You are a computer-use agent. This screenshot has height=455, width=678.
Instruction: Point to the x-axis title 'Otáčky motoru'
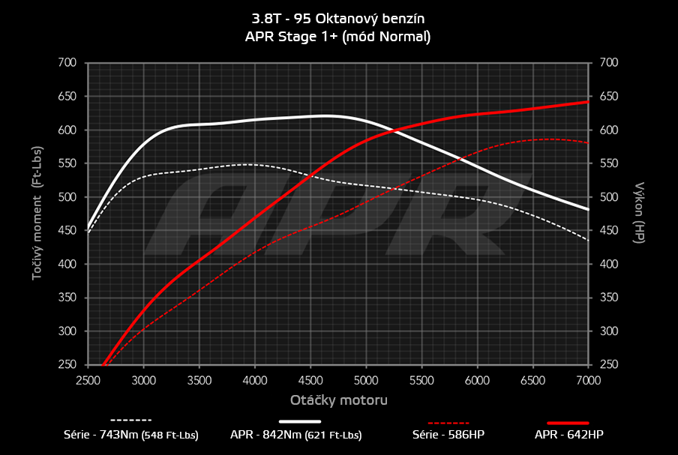pyautogui.click(x=338, y=400)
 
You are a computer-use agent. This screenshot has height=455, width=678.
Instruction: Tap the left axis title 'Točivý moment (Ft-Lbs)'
pyautogui.click(x=36, y=213)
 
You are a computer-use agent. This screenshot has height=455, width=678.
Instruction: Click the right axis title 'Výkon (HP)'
pyautogui.click(x=639, y=213)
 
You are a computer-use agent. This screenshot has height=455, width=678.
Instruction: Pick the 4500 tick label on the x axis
pyautogui.click(x=310, y=380)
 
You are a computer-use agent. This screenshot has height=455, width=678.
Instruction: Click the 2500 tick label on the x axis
pyautogui.click(x=88, y=380)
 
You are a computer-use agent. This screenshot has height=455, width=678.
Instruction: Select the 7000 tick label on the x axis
pyautogui.click(x=588, y=380)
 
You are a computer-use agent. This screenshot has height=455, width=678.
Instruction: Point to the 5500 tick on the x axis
pyautogui.click(x=421, y=380)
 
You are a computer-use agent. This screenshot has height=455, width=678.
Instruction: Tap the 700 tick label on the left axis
pyautogui.click(x=67, y=63)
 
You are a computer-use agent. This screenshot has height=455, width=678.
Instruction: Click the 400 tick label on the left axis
pyautogui.click(x=67, y=264)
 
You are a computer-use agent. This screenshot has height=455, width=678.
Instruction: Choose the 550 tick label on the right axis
pyautogui.click(x=608, y=163)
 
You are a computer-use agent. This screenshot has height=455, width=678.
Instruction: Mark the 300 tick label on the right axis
pyautogui.click(x=608, y=331)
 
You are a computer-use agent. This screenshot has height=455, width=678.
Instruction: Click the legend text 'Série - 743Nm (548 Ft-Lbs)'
pyautogui.click(x=131, y=434)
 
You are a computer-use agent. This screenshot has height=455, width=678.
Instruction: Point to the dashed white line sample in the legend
pyautogui.click(x=131, y=421)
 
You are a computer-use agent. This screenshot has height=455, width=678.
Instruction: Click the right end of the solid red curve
pyautogui.click(x=587, y=102)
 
